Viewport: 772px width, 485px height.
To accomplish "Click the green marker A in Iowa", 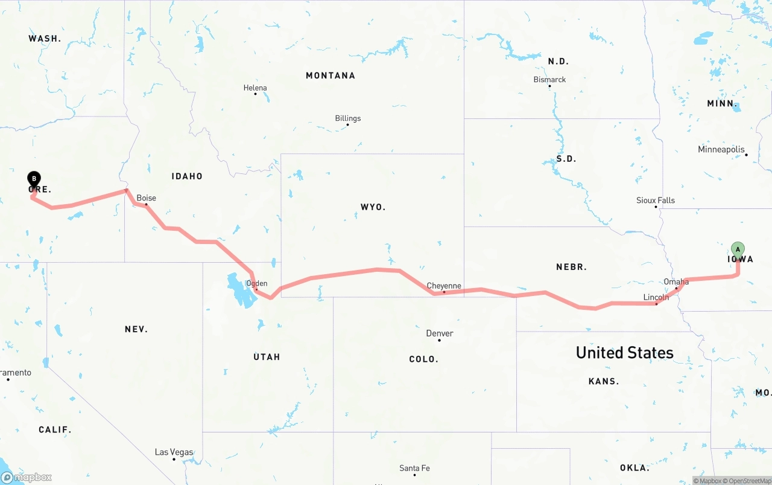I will (x=738, y=249).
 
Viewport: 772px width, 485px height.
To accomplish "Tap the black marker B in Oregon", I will (x=34, y=179).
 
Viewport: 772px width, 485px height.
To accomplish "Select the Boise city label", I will (x=146, y=198).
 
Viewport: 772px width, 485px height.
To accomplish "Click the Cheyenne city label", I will (x=444, y=286).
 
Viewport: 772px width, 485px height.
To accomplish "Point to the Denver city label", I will (x=440, y=333).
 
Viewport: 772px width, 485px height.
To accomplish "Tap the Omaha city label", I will (x=676, y=282).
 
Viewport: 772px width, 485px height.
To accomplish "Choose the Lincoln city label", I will (x=656, y=297).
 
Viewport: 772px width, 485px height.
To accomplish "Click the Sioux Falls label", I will (x=656, y=201).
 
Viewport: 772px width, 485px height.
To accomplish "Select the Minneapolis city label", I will (x=721, y=149).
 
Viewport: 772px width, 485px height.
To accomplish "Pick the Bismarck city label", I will (x=549, y=80).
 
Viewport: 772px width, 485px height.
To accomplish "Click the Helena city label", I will (x=255, y=88).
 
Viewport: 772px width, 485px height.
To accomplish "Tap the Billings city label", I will (x=348, y=118).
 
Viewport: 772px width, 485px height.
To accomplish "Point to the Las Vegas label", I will (x=174, y=452).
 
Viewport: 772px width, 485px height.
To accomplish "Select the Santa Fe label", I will (x=414, y=468).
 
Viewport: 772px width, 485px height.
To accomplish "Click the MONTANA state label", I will (x=331, y=75).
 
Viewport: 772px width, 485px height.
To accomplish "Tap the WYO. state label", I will (x=373, y=207).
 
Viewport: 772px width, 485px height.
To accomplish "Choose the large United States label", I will (x=624, y=353).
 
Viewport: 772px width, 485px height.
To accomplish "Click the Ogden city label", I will (x=257, y=283).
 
